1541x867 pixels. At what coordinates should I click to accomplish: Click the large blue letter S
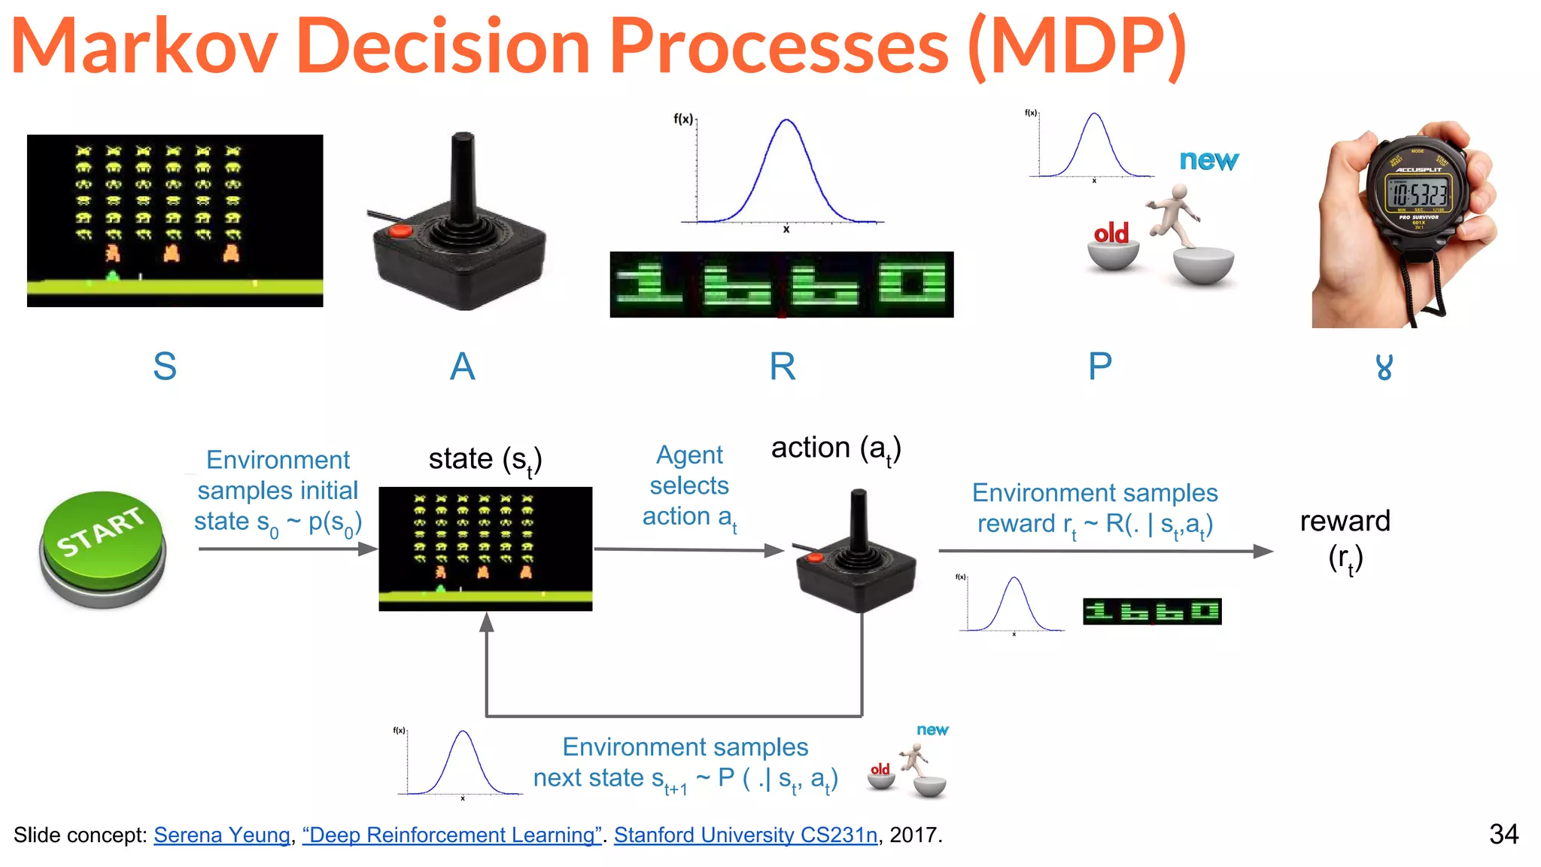(x=165, y=367)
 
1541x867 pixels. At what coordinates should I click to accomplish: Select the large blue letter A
(x=462, y=367)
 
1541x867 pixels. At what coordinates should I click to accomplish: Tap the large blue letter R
(x=782, y=367)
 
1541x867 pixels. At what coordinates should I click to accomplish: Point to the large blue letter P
(x=1099, y=367)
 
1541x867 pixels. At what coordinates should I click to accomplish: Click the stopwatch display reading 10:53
(x=1418, y=193)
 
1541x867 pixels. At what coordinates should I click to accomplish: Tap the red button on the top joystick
(x=400, y=230)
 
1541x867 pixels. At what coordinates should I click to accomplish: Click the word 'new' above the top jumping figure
(x=1208, y=160)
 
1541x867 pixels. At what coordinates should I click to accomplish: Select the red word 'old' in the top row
(x=1111, y=233)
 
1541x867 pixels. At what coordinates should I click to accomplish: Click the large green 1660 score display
(x=781, y=284)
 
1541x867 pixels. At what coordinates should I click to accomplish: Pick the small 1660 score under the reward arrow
(x=1151, y=611)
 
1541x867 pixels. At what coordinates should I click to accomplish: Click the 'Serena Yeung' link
(x=222, y=835)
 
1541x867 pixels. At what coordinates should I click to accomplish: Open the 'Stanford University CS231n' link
(x=745, y=835)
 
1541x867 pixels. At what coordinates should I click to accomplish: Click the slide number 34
(x=1503, y=834)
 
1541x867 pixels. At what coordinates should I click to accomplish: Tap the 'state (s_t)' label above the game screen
(x=485, y=459)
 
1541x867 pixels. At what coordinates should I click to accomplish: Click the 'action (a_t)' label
(x=835, y=449)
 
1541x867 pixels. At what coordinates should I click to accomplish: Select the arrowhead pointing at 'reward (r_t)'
(x=1263, y=551)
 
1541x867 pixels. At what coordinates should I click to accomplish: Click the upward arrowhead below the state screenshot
(x=487, y=622)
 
